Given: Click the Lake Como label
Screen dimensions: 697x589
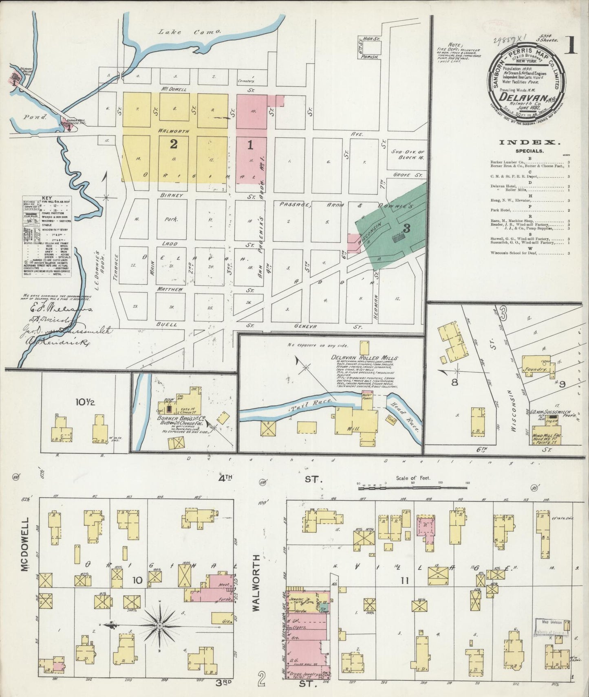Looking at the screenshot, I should pos(190,32).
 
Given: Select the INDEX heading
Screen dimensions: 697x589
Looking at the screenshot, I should pos(528,142).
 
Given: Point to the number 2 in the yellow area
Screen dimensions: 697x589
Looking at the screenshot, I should pos(174,144).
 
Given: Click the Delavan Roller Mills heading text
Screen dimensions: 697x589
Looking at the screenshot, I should pos(364,358).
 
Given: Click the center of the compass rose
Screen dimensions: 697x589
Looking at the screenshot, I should pos(160,625).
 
